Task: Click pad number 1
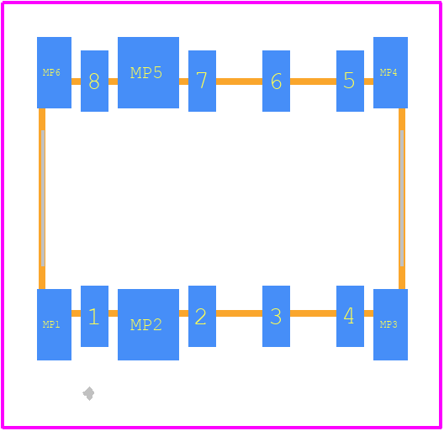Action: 94,316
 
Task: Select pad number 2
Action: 202,316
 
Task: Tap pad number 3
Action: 276,316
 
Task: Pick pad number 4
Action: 350,316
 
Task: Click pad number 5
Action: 350,81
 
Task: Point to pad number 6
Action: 276,81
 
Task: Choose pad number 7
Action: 202,81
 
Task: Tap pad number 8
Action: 94,81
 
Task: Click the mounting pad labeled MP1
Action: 54,324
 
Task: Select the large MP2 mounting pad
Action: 148,324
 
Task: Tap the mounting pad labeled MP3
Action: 390,324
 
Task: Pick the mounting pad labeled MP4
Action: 390,72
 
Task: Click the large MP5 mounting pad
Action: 148,72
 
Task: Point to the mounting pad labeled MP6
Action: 54,72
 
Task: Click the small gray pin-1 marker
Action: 88,393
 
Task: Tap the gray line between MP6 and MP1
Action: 43,198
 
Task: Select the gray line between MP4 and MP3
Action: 402,198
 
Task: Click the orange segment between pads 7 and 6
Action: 240,81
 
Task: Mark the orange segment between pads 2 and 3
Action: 240,313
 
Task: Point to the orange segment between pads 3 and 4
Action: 313,313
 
